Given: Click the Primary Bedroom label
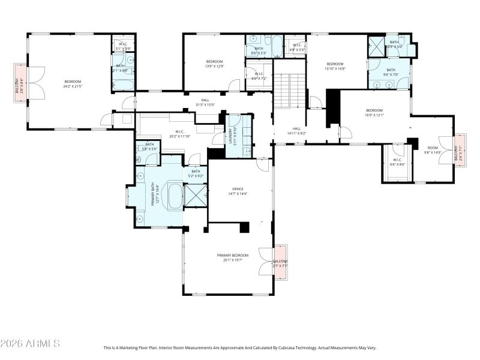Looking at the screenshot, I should [233, 257].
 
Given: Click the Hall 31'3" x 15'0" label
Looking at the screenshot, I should [205, 102].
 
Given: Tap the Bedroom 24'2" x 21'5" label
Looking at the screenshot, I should [73, 83].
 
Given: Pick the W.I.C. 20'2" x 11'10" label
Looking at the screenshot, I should [180, 134].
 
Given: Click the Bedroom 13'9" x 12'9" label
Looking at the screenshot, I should [214, 64].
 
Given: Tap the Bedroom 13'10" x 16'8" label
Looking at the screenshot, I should [335, 66].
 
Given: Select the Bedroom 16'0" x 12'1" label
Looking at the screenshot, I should [374, 112].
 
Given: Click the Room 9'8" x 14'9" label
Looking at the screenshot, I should [433, 150].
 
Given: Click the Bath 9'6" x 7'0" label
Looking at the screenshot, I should [391, 72].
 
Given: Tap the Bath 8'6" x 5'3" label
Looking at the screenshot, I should [259, 50].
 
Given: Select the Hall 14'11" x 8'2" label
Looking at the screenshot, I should [296, 130].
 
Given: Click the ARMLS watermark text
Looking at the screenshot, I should [30, 344].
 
